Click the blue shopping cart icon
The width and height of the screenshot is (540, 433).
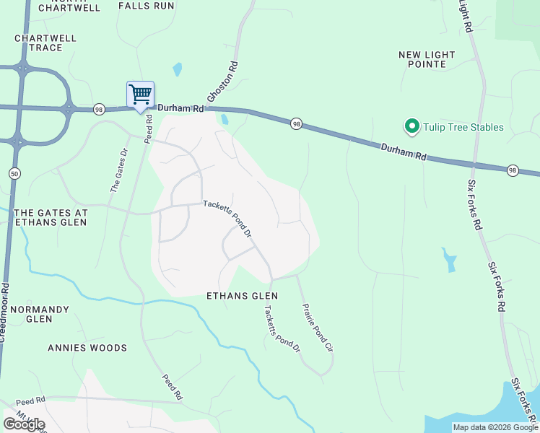140,94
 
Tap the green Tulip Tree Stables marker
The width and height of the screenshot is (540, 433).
412,127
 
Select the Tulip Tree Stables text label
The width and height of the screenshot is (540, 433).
463,128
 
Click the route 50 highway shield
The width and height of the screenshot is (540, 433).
14,173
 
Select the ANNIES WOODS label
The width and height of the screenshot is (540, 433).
87,348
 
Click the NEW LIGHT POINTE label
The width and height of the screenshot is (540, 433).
427,59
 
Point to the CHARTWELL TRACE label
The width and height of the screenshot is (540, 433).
45,43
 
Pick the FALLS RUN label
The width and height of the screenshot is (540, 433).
147,5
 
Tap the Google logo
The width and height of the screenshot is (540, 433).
24,424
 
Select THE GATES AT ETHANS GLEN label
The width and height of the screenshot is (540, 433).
51,217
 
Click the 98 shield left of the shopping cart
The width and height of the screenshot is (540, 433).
100,109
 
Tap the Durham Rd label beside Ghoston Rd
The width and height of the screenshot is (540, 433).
178,108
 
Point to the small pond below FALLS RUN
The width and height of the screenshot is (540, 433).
178,70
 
